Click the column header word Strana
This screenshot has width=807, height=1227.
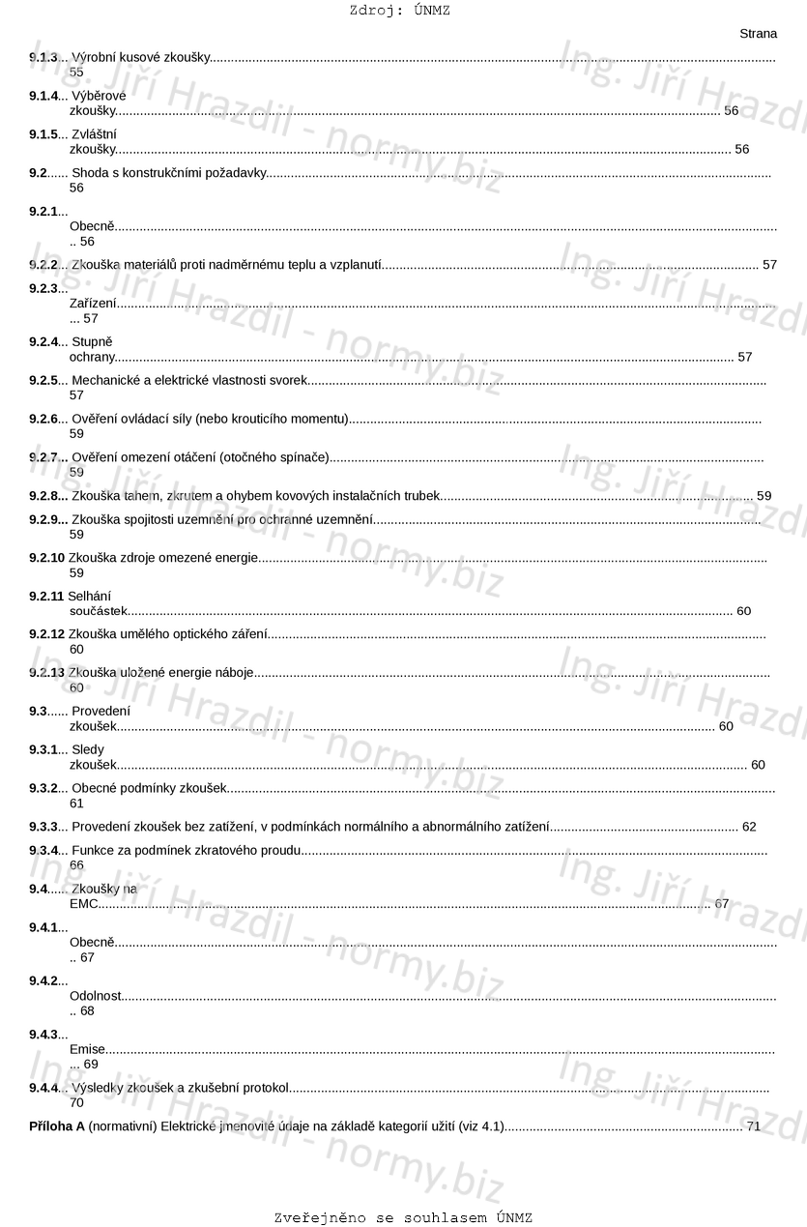pyautogui.click(x=758, y=34)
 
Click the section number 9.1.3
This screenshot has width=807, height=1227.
pyautogui.click(x=43, y=58)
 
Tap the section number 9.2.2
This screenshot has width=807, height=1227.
pyautogui.click(x=43, y=264)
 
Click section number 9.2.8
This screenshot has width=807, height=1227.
pyautogui.click(x=48, y=496)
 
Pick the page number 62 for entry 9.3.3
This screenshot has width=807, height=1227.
pyautogui.click(x=749, y=827)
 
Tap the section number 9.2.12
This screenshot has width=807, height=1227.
pyautogui.click(x=47, y=634)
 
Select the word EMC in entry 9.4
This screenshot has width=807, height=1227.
pyautogui.click(x=84, y=904)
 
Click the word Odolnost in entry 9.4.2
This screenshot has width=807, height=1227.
pyautogui.click(x=96, y=996)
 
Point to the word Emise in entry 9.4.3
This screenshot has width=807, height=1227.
pyautogui.click(x=87, y=1049)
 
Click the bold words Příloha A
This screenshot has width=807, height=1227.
pyautogui.click(x=57, y=1126)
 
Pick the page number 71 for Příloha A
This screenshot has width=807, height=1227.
pyautogui.click(x=754, y=1126)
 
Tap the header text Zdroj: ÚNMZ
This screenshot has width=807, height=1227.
pyautogui.click(x=400, y=11)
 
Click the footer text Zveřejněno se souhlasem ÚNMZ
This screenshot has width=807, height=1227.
pyautogui.click(x=403, y=1217)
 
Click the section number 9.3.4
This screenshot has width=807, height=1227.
pyautogui.click(x=43, y=850)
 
